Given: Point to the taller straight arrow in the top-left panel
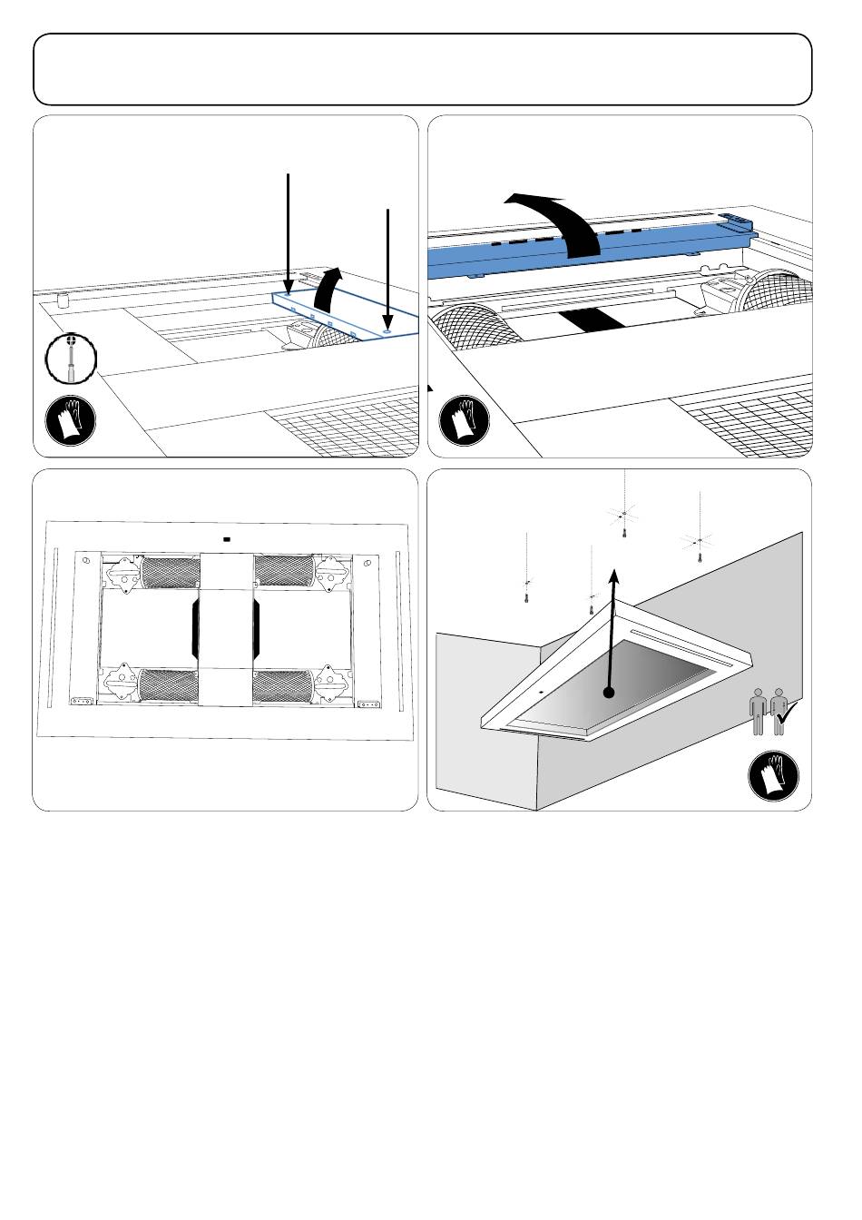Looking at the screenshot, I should click(x=289, y=231).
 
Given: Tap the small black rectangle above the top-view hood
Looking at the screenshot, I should click(x=226, y=538).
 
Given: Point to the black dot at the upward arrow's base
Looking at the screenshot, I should click(x=610, y=692).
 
